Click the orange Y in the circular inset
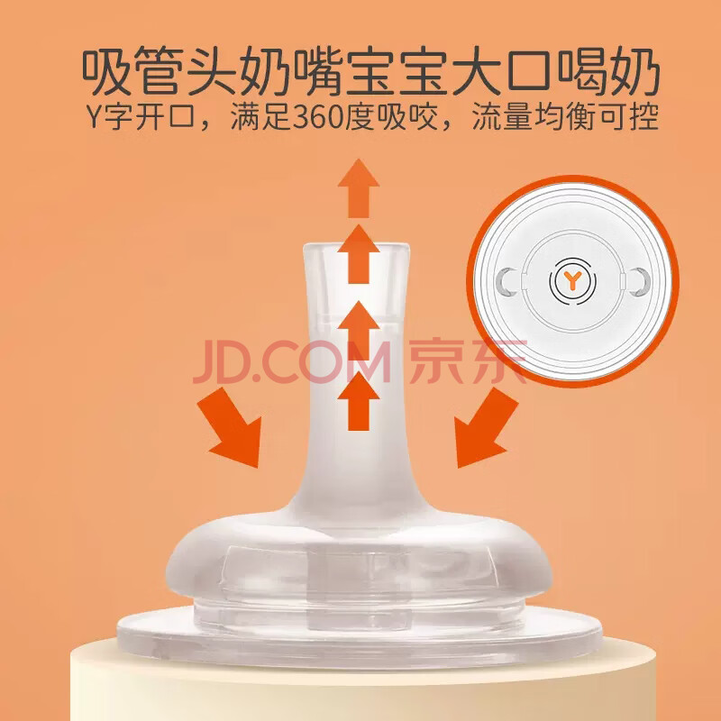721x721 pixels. [x=572, y=280]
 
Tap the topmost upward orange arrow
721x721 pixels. [x=358, y=188]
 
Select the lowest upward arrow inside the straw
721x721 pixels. [x=358, y=401]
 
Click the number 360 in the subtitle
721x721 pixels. [x=318, y=117]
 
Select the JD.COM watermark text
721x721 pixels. [x=292, y=362]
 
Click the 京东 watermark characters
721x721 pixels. [x=468, y=361]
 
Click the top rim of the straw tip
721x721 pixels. [x=356, y=247]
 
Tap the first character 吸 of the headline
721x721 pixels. [x=105, y=72]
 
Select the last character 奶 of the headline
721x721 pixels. [x=634, y=72]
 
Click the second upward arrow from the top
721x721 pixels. [x=358, y=254]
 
